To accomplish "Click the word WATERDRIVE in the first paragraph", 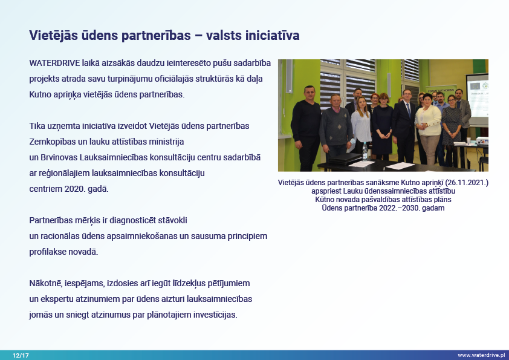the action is (x=54, y=63).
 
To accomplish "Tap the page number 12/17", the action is (x=21, y=355).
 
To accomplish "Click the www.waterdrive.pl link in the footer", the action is (x=481, y=355).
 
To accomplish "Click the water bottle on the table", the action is (x=365, y=151).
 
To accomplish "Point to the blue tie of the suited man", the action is (x=409, y=110).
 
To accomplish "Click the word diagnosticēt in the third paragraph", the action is (x=132, y=221).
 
